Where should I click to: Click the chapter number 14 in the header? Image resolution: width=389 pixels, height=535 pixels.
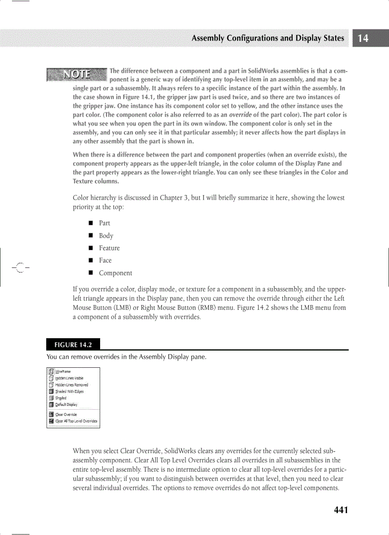click(x=363, y=39)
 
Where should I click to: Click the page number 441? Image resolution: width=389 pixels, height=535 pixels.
click(x=341, y=510)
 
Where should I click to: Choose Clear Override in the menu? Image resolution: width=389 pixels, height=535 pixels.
click(x=66, y=414)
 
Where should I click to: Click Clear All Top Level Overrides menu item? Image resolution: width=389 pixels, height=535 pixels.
click(x=76, y=421)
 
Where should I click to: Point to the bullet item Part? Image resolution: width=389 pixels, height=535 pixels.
click(x=104, y=223)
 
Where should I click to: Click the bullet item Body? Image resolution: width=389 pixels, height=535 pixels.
click(x=106, y=235)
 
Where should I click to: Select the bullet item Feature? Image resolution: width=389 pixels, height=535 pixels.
click(x=109, y=248)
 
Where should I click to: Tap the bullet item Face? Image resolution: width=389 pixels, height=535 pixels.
click(x=105, y=261)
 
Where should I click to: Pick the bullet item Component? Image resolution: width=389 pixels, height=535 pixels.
click(x=115, y=273)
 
